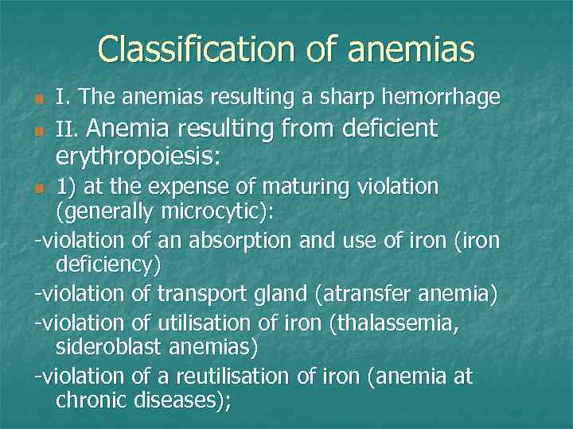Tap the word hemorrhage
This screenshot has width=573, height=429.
point(442,98)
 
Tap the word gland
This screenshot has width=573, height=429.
point(281,294)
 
